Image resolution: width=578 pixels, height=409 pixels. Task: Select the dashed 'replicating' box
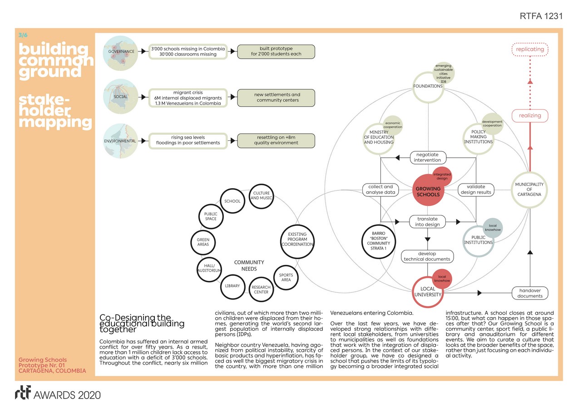tap(530, 49)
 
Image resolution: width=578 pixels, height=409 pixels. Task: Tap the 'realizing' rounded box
tap(530, 115)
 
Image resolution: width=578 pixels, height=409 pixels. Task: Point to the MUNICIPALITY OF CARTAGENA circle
tap(529, 190)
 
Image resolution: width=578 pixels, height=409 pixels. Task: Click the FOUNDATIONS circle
tap(428, 86)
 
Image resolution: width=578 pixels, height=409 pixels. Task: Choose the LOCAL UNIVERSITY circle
tap(428, 292)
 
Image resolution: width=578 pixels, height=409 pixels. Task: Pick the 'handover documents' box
tap(530, 293)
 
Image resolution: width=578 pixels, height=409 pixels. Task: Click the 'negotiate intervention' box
tap(428, 157)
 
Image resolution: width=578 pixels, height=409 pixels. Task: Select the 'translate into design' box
tap(428, 221)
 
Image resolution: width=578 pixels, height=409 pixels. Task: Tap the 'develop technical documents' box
tap(428, 256)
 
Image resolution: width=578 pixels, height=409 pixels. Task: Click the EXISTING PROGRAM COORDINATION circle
tap(297, 239)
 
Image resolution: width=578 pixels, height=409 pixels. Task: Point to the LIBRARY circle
tap(232, 286)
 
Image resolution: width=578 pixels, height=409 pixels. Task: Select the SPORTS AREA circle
tap(286, 277)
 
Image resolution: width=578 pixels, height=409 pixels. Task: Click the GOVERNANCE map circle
tap(121, 51)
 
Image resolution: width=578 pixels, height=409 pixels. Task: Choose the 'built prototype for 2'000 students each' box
tap(276, 51)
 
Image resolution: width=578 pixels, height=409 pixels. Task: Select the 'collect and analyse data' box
tap(380, 190)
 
